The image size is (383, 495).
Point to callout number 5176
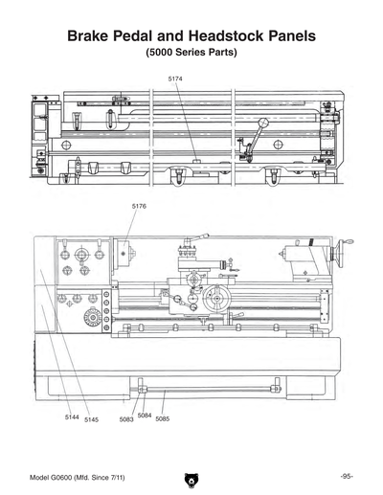[138, 206]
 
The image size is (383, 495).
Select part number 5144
[72, 417]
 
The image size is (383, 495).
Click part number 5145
[91, 419]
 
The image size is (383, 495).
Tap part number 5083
[126, 419]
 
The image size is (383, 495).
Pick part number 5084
[144, 415]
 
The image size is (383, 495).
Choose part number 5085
[162, 419]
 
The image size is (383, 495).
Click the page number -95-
[346, 476]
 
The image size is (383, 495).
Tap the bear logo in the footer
[191, 479]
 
